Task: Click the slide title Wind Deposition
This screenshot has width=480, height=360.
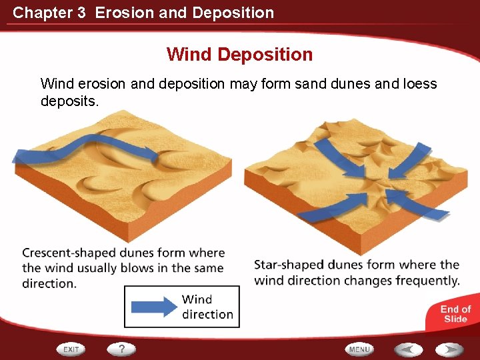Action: (239, 54)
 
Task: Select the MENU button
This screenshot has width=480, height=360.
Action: (359, 349)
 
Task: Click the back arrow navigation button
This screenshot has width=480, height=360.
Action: (407, 349)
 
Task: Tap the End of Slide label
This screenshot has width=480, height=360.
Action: (455, 313)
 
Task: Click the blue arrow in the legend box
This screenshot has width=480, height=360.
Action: (153, 307)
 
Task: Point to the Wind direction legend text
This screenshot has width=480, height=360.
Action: (207, 307)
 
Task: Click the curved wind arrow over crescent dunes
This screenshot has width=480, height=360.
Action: (87, 145)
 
